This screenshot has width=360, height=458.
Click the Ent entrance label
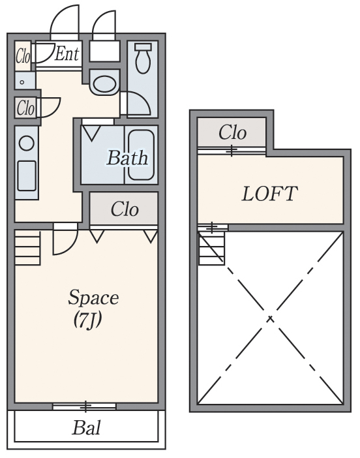point(67,53)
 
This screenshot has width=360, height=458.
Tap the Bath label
point(127,158)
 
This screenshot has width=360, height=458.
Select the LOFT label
point(270,194)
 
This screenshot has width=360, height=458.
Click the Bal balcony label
point(87,427)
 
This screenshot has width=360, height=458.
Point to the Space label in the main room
point(93,298)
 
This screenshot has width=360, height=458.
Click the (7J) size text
point(87,320)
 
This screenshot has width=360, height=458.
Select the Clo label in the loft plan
point(232,132)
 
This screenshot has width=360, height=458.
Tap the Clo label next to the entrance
point(22,56)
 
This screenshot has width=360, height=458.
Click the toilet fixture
point(143,59)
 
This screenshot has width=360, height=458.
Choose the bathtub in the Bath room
point(141,155)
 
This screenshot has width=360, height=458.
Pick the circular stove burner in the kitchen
point(27,143)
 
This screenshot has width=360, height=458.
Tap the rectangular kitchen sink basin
point(27,176)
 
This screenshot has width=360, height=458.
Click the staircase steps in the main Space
point(27,248)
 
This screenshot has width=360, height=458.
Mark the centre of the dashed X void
point(270,318)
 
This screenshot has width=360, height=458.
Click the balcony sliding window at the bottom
point(85,406)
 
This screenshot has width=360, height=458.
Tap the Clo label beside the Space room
point(125,209)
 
